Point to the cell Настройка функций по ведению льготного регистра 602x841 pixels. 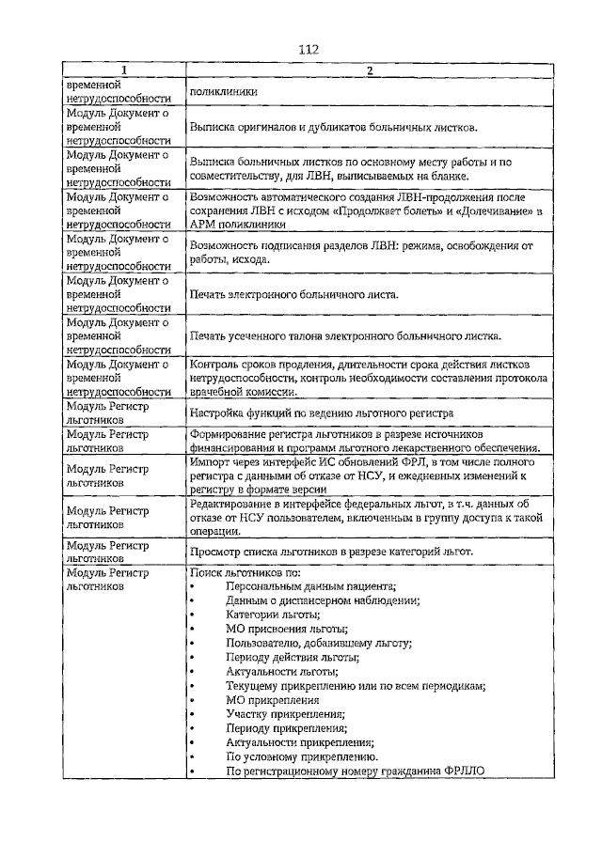coord(322,413)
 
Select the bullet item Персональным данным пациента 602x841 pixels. coord(310,585)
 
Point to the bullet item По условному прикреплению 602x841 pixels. coord(302,757)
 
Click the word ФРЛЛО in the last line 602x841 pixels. coord(462,772)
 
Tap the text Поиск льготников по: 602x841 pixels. coord(244,571)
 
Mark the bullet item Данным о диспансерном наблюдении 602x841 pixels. coord(322,600)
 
